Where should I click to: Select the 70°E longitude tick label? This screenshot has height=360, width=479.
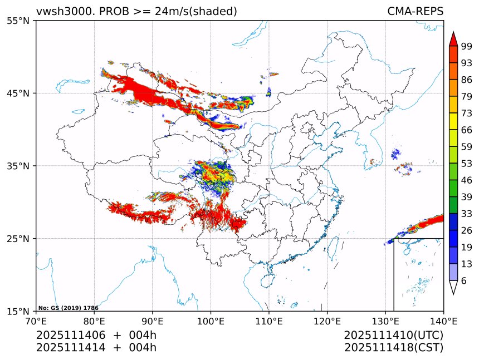[x=36, y=320]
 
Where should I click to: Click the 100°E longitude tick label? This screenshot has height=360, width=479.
[x=211, y=320]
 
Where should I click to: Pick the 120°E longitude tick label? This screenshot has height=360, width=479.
[x=327, y=320]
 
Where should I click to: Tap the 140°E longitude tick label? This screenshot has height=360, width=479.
[x=443, y=320]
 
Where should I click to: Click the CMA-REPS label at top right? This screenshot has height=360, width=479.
[x=415, y=11]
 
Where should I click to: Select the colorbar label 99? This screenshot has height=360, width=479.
[x=467, y=46]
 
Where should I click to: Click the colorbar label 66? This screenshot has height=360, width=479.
[x=467, y=130]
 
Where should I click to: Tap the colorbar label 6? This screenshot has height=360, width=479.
[x=464, y=281]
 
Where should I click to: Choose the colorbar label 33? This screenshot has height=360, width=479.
[x=467, y=213]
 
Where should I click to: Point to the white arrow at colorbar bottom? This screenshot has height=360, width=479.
[x=453, y=287]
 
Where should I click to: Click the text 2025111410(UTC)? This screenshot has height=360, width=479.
[x=393, y=336]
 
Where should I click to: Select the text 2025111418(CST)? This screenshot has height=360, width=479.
[x=393, y=348]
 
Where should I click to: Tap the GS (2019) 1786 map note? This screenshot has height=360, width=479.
[x=68, y=308]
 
